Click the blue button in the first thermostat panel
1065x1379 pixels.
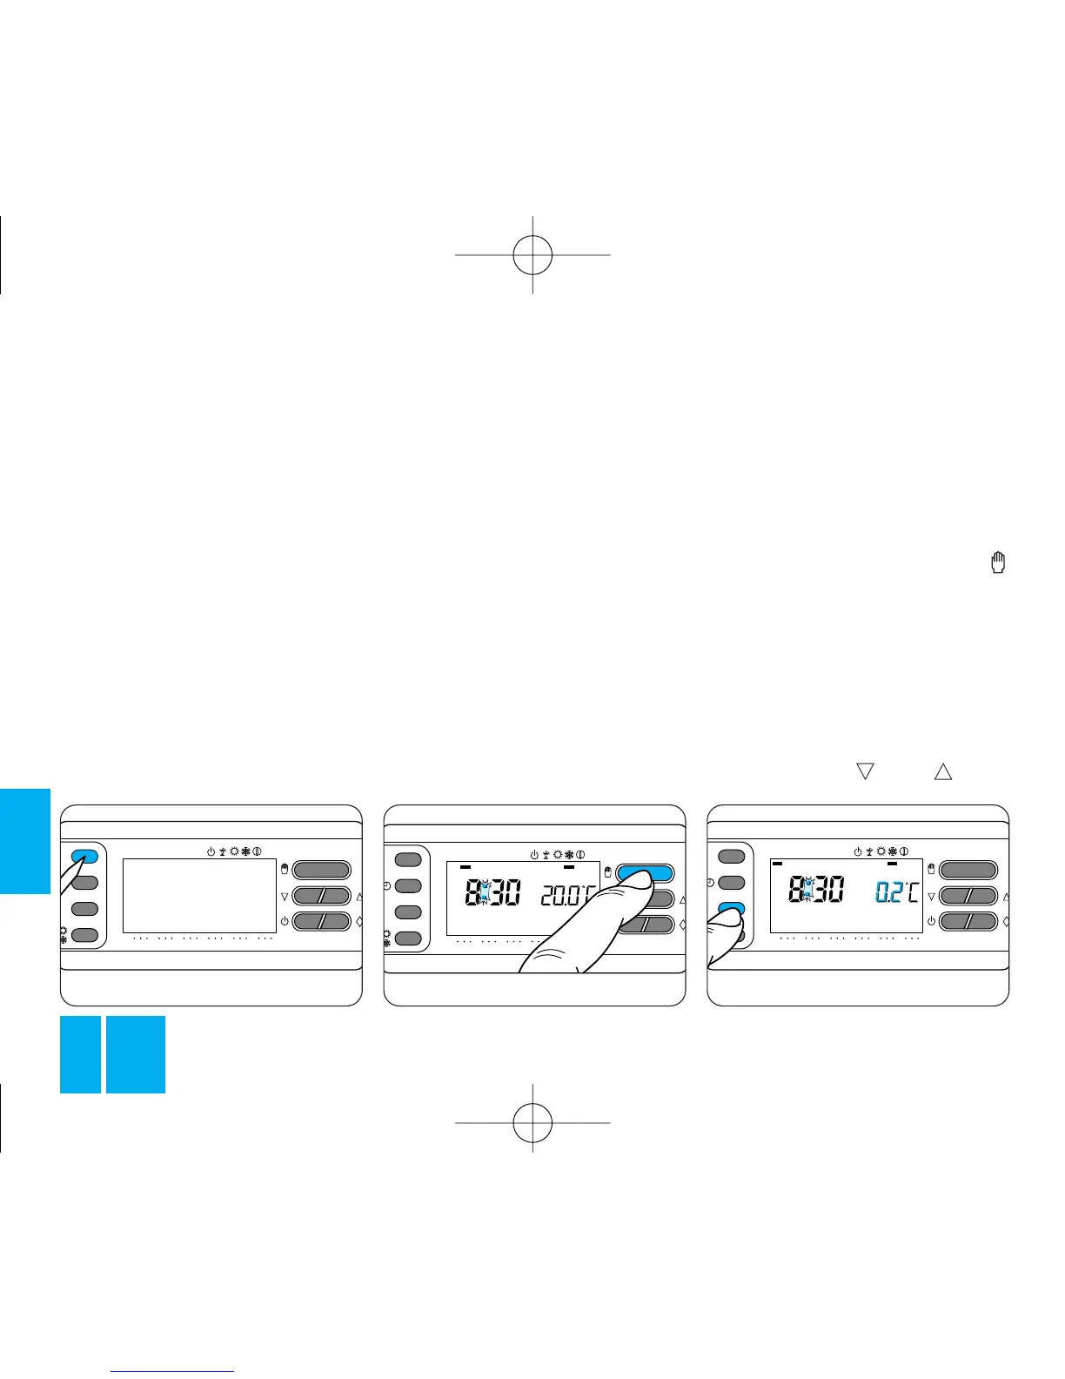click(84, 856)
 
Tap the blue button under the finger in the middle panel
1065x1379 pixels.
click(645, 872)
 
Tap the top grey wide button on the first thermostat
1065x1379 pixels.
click(322, 869)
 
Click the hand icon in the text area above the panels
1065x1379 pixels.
click(999, 563)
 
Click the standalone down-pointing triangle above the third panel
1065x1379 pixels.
click(865, 770)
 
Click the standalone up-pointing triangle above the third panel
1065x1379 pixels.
click(943, 770)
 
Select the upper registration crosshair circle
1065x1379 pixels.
click(532, 254)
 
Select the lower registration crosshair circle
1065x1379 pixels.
click(532, 1122)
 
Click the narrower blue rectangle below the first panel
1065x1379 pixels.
click(80, 1054)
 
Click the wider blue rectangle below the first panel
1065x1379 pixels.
click(136, 1054)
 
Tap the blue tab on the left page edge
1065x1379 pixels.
click(25, 841)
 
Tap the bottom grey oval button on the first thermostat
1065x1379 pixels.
click(84, 935)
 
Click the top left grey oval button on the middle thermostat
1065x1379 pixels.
click(408, 860)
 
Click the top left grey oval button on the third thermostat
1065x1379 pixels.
click(732, 857)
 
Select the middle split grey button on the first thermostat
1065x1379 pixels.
click(322, 895)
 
